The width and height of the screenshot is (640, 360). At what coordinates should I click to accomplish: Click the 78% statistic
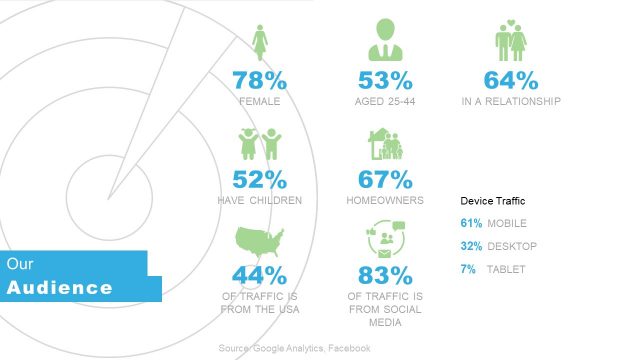pos(260,80)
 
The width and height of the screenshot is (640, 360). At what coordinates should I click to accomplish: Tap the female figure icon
pos(260,43)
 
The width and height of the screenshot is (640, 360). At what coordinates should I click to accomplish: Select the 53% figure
pos(386,80)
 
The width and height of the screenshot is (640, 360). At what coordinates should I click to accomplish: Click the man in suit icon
pos(386,41)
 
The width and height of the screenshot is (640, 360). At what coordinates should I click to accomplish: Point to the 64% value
pos(512,80)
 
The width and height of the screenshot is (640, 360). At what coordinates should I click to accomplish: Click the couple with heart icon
pos(512,42)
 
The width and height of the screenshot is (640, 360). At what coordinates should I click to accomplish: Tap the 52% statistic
pos(260,179)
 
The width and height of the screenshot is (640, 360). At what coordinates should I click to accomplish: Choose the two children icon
pos(259,144)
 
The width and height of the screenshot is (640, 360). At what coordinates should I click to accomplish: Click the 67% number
pos(386,179)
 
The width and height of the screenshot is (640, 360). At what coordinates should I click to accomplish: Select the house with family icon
pos(386,145)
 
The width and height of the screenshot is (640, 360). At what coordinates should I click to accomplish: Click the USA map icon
pos(259,243)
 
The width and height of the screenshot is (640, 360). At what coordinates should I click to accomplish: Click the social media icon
pos(386,243)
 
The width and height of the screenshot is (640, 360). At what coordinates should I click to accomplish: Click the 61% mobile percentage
pos(471,223)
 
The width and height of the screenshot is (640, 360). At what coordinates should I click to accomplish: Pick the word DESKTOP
pos(512,246)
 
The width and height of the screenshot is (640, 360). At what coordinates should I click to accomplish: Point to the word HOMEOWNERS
pos(386,200)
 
